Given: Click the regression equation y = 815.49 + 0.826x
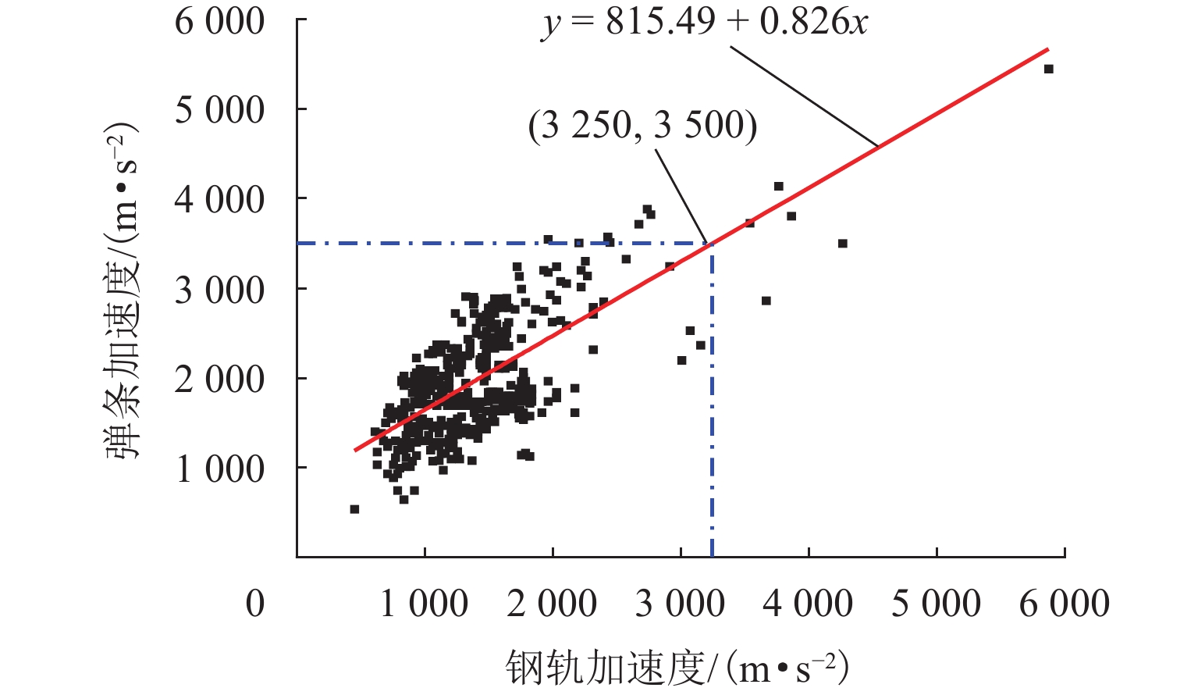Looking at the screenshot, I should (705, 23).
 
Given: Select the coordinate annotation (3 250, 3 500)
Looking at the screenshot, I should (642, 126).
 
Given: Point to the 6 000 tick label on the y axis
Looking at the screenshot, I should (219, 21).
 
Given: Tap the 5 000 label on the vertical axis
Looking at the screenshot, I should (219, 110).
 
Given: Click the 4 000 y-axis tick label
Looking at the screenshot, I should (219, 200).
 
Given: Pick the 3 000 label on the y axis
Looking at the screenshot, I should (219, 290).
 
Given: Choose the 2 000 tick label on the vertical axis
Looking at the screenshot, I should (219, 380).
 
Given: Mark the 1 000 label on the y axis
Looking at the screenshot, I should (219, 469).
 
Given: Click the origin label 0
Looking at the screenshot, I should (255, 604).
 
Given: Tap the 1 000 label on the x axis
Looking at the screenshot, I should (424, 604).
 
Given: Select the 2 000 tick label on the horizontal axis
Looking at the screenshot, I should (552, 604).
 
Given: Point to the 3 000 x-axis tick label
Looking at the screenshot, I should (680, 604).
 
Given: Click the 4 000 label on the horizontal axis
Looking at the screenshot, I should (808, 604).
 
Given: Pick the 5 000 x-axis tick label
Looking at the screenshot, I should (936, 604).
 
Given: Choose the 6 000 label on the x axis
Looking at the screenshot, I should (1064, 604).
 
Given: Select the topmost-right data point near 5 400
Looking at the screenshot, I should (1048, 69).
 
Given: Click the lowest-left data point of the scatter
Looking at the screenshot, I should (354, 509).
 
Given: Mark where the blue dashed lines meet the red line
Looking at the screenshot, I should (712, 244).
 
